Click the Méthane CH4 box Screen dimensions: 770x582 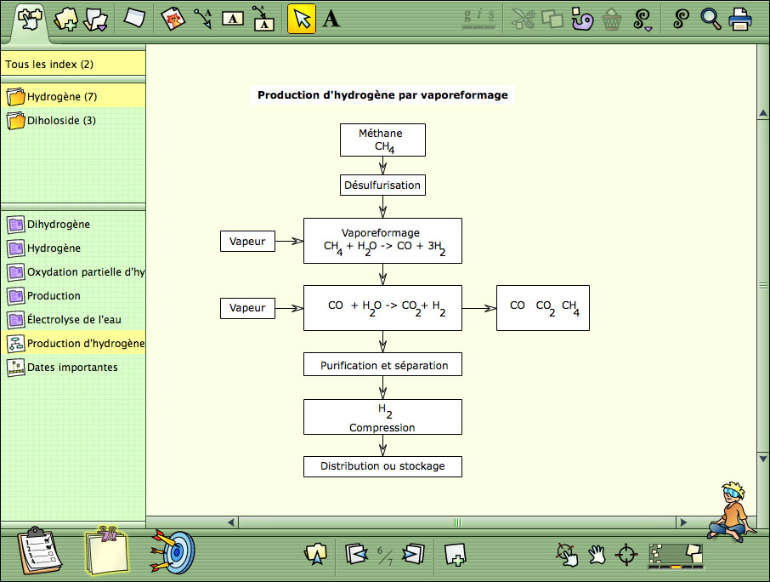click(x=382, y=140)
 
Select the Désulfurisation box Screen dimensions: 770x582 click(x=382, y=185)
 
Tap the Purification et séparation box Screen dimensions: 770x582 click(x=382, y=364)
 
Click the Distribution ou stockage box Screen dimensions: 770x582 click(x=382, y=466)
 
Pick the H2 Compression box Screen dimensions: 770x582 click(x=382, y=417)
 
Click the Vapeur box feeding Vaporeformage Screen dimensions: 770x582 click(x=247, y=242)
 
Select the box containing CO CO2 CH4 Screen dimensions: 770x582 click(x=542, y=308)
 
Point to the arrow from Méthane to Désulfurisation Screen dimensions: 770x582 click(x=382, y=166)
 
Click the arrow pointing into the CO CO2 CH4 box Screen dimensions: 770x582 click(x=479, y=308)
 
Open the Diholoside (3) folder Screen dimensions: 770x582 click(x=52, y=121)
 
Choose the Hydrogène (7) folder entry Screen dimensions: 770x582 click(x=52, y=96)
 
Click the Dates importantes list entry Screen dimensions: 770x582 click(x=62, y=368)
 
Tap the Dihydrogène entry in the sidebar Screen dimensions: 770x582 click(x=48, y=224)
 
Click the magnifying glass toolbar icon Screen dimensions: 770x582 click(x=711, y=20)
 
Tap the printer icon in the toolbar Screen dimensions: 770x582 click(x=740, y=20)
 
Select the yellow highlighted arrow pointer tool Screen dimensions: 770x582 click(x=302, y=20)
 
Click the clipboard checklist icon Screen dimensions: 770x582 click(x=39, y=551)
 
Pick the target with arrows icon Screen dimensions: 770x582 click(x=173, y=551)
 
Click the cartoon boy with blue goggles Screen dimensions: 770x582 click(x=732, y=511)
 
